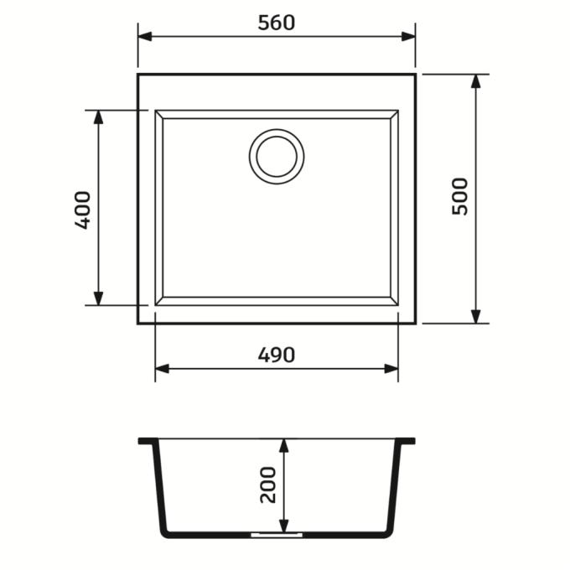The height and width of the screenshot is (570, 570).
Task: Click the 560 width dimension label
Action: [277, 23]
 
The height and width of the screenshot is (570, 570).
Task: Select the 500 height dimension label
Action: [460, 197]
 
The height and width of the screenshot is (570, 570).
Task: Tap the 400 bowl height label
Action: [82, 210]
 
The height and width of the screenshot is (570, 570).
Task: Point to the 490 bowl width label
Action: [277, 355]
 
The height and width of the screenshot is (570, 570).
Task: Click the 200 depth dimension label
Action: [268, 485]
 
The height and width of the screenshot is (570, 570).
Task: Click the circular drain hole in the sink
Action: [277, 157]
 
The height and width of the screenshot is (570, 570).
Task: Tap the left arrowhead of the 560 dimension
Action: [145, 36]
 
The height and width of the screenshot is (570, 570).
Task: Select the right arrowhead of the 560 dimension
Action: [408, 36]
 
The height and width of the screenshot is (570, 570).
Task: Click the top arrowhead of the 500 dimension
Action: [475, 81]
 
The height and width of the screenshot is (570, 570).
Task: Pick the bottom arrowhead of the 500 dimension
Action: [475, 316]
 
